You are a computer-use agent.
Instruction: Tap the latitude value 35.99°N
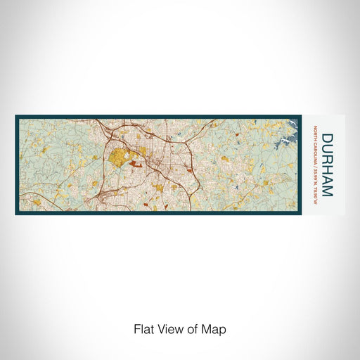click(314, 172)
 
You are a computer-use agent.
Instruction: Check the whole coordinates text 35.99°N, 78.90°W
click(314, 180)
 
